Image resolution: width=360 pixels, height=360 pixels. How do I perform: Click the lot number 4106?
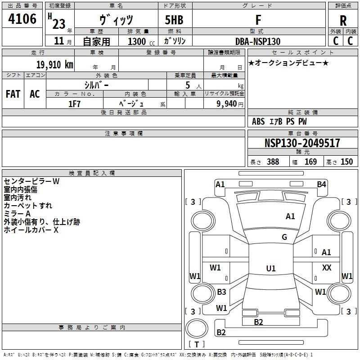coord(22,19)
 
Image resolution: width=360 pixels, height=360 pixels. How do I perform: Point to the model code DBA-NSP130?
coord(258,41)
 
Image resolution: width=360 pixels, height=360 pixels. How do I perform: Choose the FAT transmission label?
coord(13,94)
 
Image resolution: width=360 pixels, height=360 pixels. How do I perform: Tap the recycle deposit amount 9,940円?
coord(229,104)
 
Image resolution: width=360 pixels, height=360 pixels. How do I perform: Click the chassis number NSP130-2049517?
coord(302,144)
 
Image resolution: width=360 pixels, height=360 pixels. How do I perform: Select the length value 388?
coord(273,162)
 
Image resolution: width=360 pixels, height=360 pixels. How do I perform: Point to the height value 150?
coord(346,162)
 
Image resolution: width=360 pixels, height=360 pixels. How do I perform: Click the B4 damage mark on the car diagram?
coord(321,184)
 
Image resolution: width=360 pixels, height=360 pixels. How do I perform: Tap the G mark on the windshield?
coord(284,237)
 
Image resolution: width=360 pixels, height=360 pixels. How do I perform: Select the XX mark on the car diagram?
coord(327,268)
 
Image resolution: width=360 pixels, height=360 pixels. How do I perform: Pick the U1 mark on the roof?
coord(270,269)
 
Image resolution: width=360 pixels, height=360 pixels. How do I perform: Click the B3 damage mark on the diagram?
coord(221,292)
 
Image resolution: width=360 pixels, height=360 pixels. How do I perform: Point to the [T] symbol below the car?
coord(197,345)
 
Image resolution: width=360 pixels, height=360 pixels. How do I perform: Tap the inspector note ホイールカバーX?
coord(31,230)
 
